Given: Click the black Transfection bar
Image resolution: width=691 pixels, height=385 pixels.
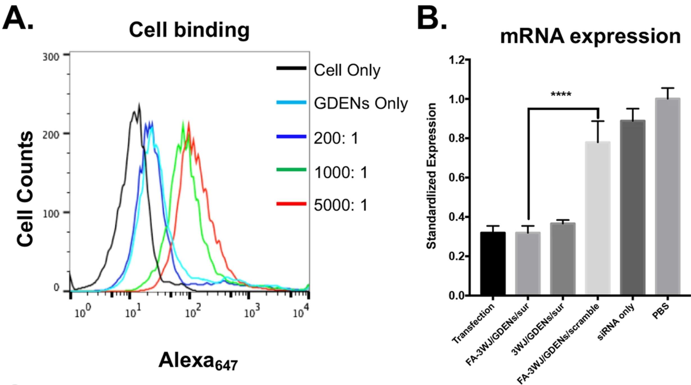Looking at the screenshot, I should click(x=493, y=263).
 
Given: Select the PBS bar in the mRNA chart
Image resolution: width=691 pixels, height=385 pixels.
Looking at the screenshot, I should click(x=667, y=197).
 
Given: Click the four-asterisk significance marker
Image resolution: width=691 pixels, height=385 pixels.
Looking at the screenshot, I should click(x=561, y=94).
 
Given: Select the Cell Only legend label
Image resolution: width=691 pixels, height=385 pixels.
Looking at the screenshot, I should click(x=347, y=70).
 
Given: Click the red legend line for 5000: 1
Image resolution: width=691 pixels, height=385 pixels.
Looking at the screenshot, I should click(x=291, y=203).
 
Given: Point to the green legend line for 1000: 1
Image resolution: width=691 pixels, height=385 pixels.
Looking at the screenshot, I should click(x=291, y=170).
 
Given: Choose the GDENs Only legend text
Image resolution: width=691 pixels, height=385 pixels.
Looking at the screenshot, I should click(x=361, y=103).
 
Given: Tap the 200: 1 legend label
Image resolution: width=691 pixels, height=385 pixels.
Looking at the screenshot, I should click(x=336, y=138).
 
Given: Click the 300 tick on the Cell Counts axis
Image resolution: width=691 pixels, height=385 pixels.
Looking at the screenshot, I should click(x=51, y=57).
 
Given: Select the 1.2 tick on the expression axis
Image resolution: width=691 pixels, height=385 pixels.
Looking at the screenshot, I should click(x=457, y=60).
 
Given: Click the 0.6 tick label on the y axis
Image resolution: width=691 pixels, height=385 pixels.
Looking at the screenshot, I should click(x=457, y=178).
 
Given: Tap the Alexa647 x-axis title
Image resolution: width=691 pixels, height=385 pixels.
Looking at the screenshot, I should click(x=198, y=361).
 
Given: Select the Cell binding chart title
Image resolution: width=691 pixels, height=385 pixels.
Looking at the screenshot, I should click(x=189, y=30).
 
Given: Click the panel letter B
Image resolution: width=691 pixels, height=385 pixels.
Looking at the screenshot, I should click(x=432, y=18).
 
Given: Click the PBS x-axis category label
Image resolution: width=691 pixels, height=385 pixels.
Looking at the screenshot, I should click(x=660, y=311).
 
